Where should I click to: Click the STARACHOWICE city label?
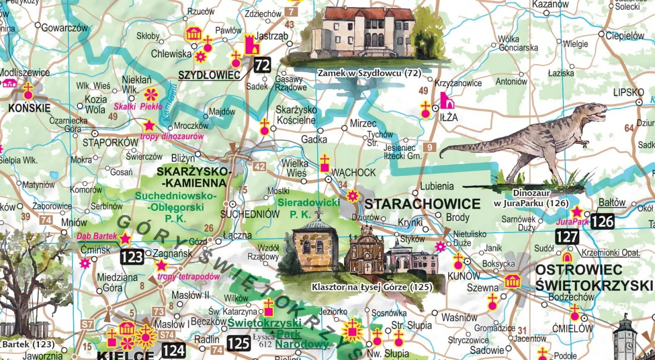coord(422,204)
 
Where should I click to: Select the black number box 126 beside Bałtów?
coord(602,221)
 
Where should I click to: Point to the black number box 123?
coord(132,257)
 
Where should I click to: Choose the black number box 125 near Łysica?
coord(238,343)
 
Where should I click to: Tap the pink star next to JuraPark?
coord(577,212)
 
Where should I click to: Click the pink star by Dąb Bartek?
coord(125,238)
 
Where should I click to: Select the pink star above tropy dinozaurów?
coord(149,125)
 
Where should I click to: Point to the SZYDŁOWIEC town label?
coord(209,76)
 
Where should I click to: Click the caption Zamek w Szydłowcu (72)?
coord(369,73)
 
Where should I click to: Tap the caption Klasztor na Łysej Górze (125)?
coord(371,287)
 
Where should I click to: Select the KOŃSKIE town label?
coord(29,108)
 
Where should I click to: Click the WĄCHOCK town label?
coord(354,173)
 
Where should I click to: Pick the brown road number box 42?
coord(259,166)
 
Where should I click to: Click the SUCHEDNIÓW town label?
coord(250,214)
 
